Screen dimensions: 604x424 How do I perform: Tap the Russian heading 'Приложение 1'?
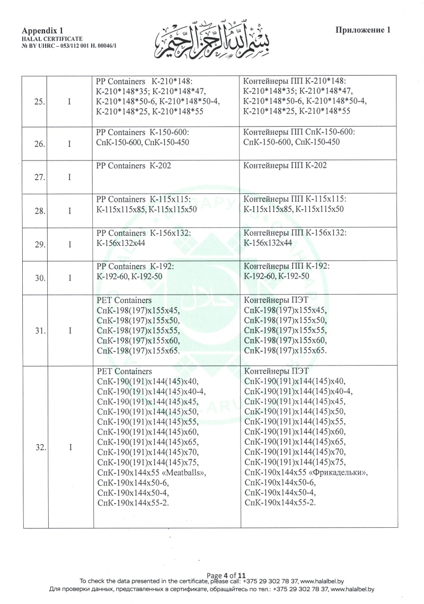coord(363,30)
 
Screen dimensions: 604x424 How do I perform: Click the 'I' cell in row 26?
coord(70,144)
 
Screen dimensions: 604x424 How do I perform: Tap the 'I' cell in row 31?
coord(70,331)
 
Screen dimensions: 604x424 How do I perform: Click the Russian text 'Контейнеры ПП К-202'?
coord(285,165)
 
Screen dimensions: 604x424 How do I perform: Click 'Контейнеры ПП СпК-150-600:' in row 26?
coord(299,132)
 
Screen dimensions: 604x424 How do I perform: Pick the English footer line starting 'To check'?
coord(211,581)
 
